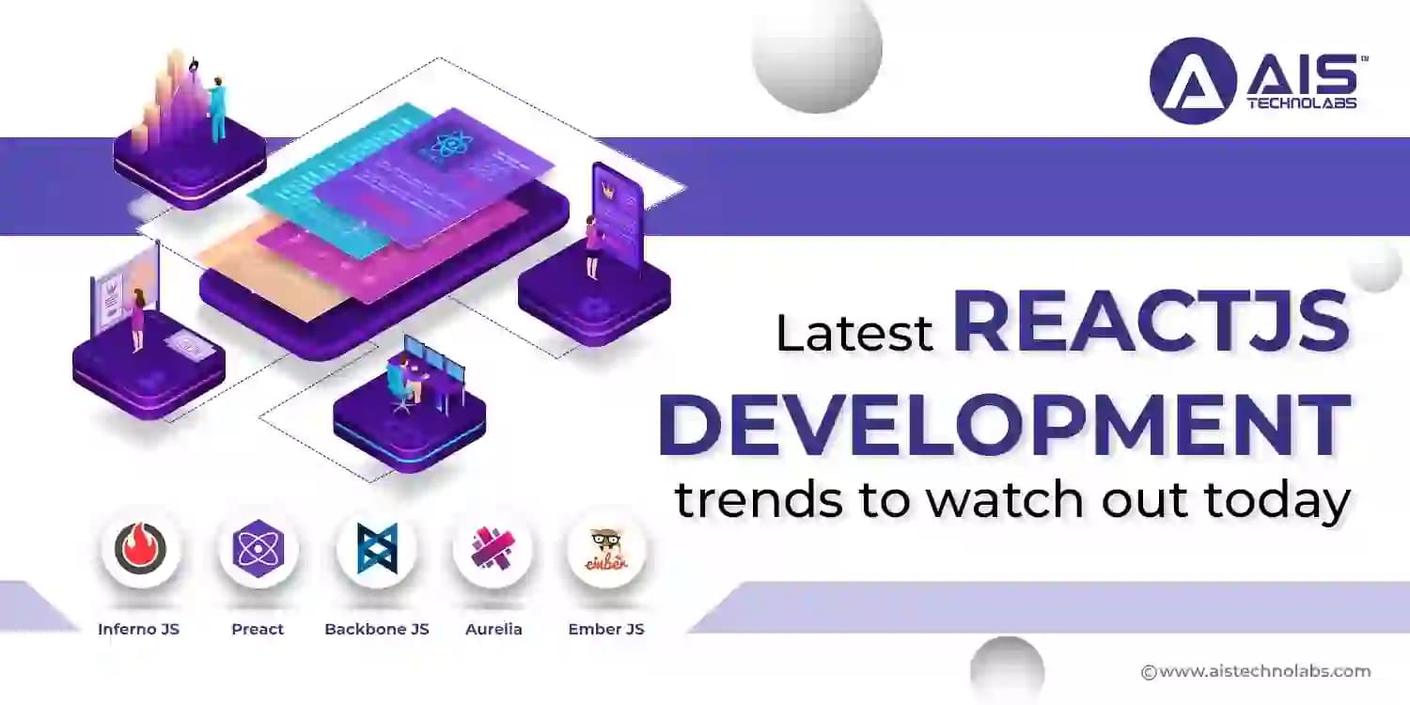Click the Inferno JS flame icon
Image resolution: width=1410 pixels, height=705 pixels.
tap(141, 548)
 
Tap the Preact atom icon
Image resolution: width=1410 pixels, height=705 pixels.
tap(258, 548)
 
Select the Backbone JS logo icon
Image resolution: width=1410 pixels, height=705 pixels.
tap(376, 548)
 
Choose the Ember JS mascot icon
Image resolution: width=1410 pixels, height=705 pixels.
tap(607, 548)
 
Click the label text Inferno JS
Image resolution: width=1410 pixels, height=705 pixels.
tap(138, 629)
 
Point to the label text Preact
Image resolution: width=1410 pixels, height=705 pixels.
tap(258, 629)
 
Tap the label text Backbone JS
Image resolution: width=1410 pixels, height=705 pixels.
tap(376, 629)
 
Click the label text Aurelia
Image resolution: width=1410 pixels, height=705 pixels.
tap(493, 629)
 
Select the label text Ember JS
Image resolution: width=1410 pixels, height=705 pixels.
tap(606, 629)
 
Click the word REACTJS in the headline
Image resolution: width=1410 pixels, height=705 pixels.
tap(1151, 322)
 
